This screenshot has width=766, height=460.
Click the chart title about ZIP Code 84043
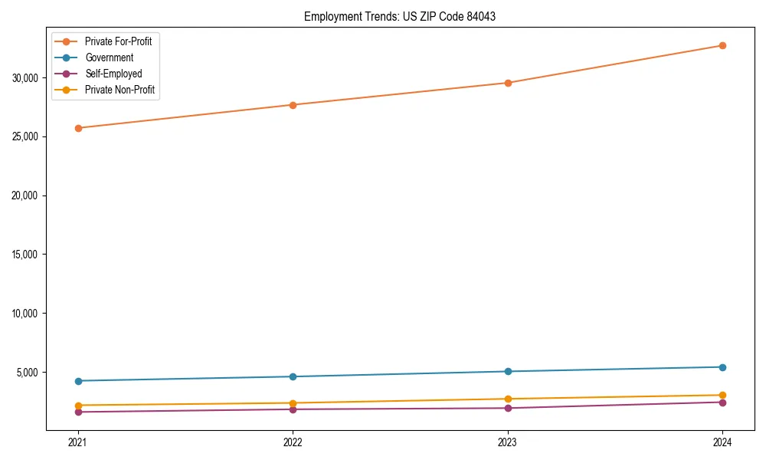(x=399, y=16)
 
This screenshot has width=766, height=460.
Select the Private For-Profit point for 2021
(x=77, y=128)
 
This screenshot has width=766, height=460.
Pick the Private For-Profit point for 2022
(x=293, y=105)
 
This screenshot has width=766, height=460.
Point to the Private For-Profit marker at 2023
(x=508, y=83)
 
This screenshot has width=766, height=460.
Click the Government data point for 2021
(x=77, y=381)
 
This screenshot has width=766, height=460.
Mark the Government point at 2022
(x=293, y=376)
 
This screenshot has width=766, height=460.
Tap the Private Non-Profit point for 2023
(x=508, y=399)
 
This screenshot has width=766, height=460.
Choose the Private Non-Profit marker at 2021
(x=77, y=405)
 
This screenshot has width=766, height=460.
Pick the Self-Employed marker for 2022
(x=293, y=409)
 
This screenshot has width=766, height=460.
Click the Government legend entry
(x=109, y=58)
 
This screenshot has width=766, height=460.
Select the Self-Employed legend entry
(x=113, y=74)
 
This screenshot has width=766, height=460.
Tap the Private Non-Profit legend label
(x=119, y=90)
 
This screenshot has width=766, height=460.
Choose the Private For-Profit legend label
(x=118, y=41)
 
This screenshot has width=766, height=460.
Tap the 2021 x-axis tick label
(x=77, y=442)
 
